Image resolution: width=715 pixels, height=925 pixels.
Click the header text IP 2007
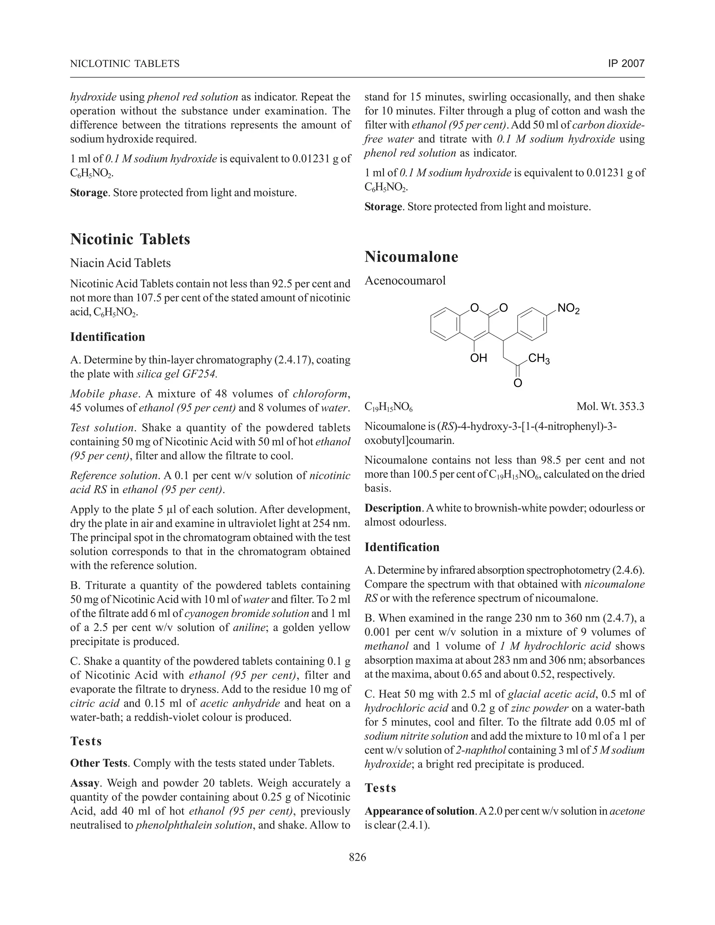point(626,64)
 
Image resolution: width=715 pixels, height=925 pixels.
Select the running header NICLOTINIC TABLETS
point(125,64)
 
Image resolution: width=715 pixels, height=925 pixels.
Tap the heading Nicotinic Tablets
point(130,239)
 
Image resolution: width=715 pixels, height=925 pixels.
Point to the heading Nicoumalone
point(411,257)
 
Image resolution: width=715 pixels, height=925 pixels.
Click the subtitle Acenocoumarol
point(405,280)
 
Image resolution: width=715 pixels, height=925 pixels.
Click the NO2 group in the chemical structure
point(568,309)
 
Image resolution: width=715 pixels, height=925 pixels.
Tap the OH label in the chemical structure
point(479,358)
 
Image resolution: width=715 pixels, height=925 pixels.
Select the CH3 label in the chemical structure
point(539,359)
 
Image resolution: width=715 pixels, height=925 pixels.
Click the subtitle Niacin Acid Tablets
point(120,263)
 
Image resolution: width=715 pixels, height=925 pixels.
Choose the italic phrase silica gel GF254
point(177,374)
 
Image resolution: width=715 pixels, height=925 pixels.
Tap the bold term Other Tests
point(98,763)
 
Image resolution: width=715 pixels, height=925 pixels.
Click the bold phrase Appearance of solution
point(419,811)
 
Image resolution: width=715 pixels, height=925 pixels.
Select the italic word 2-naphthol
point(481,750)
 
